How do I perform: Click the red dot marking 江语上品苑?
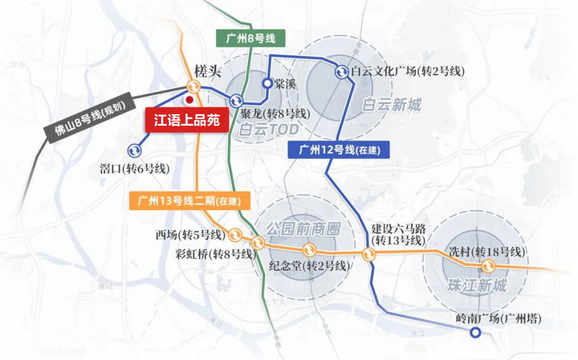click(190, 99)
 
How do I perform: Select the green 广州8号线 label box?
click(246, 38)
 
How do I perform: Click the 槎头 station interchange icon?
click(193, 87)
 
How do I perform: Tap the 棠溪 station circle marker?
click(267, 83)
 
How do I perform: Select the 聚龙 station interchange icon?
click(236, 101)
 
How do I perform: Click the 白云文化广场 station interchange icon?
click(342, 73)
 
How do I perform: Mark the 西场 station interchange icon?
click(236, 235)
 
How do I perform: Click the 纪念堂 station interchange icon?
click(309, 250)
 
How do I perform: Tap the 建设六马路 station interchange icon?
click(368, 253)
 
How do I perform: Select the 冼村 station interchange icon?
click(489, 266)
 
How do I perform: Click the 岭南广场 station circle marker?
click(476, 333)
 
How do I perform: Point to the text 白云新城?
click(392, 105)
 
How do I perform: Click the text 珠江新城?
click(478, 285)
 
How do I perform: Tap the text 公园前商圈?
click(303, 229)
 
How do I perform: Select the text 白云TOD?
click(269, 129)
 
